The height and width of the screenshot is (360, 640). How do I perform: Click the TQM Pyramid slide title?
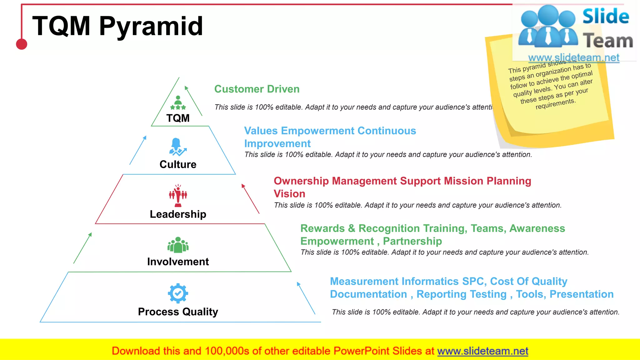click(x=117, y=26)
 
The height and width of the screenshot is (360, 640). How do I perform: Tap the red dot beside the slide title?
click(x=22, y=44)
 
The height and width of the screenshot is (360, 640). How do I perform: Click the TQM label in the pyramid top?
click(x=178, y=118)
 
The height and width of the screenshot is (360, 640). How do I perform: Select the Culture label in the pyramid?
click(x=178, y=164)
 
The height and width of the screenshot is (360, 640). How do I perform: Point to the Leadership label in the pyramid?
click(x=178, y=214)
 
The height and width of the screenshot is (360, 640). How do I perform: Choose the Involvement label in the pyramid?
click(x=178, y=262)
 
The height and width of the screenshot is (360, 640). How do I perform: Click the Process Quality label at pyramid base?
click(x=178, y=312)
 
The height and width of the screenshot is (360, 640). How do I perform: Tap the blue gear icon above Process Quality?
click(x=178, y=293)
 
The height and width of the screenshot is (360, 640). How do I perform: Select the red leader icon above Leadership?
click(x=178, y=196)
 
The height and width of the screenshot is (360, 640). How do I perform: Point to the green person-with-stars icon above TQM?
click(x=178, y=103)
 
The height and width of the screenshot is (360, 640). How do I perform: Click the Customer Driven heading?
click(x=257, y=89)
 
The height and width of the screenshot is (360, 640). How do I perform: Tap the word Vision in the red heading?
click(x=289, y=194)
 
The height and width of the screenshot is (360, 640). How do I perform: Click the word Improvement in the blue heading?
click(x=277, y=144)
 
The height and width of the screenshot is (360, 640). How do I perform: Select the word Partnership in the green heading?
click(x=412, y=241)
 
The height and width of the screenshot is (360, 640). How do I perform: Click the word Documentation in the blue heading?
click(x=368, y=294)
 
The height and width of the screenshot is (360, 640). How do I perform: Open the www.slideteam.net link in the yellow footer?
click(x=482, y=351)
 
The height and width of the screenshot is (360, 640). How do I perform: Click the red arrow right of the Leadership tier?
click(x=250, y=199)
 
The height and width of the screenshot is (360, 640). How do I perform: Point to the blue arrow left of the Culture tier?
click(x=138, y=150)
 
